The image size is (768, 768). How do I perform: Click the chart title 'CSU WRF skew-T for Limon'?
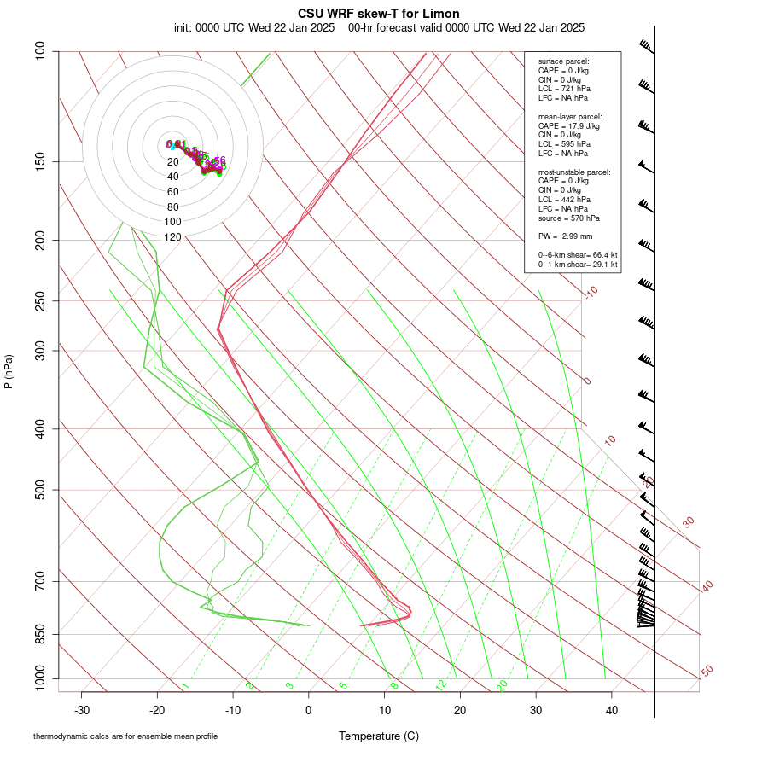click(379, 14)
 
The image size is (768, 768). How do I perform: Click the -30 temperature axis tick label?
click(82, 711)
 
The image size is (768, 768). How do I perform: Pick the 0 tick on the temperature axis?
click(309, 711)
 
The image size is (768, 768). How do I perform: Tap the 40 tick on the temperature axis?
click(611, 711)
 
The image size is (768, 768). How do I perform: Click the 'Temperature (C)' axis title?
click(379, 736)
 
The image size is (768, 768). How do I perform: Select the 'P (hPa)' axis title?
click(9, 371)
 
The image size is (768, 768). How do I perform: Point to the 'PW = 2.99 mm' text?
click(565, 236)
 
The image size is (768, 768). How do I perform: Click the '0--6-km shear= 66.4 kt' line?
click(578, 255)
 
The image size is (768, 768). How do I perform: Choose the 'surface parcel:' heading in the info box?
click(564, 61)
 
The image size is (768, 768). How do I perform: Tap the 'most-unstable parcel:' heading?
click(574, 172)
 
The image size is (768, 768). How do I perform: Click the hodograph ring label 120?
click(173, 236)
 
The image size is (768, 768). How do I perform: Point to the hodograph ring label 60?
click(173, 192)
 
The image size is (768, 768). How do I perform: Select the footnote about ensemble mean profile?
click(125, 736)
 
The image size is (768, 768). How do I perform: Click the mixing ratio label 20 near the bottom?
click(502, 685)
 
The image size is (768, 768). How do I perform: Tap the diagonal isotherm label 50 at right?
click(707, 672)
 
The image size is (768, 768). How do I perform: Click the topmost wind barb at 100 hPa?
click(646, 46)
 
